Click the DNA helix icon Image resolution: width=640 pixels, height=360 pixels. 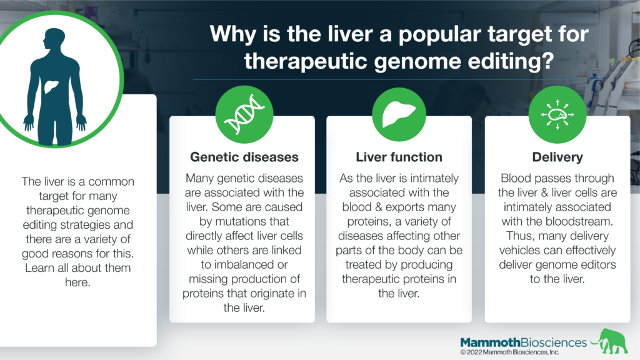[244, 114]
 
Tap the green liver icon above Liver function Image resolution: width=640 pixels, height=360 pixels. [399, 114]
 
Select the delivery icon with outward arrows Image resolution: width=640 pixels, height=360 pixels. [557, 114]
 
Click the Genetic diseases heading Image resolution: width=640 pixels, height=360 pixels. [244, 157]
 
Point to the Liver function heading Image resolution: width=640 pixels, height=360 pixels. [399, 157]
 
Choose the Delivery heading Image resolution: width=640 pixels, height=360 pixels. [557, 157]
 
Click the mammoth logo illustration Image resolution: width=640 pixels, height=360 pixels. [610, 341]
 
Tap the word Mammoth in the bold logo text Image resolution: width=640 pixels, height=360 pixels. [490, 342]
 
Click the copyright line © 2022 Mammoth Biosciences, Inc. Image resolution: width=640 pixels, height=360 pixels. [509, 352]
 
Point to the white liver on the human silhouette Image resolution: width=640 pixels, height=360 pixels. [51, 86]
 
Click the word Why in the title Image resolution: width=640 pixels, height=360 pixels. [232, 34]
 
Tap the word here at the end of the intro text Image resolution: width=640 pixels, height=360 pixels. [77, 282]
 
